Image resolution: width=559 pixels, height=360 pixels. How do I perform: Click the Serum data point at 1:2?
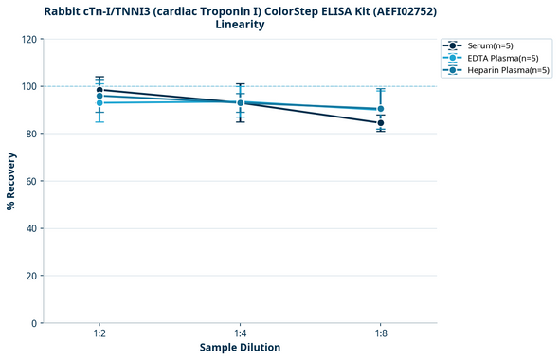pos(99,90)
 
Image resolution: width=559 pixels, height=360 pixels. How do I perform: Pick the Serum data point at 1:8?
pos(381,123)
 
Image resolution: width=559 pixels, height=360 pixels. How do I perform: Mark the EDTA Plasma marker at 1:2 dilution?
pos(99,102)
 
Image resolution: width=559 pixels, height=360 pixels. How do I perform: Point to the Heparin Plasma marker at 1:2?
pos(99,96)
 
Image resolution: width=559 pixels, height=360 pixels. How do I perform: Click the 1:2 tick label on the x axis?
pos(99,333)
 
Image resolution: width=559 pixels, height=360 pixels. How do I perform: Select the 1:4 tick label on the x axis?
pos(240,333)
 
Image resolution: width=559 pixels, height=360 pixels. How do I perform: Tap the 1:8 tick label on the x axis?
pos(381,333)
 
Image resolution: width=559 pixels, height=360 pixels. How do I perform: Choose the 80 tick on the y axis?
pos(31,134)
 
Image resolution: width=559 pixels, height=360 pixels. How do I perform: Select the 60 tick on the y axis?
pos(31,181)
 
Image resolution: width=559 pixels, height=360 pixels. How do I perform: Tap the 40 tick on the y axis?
pos(31,228)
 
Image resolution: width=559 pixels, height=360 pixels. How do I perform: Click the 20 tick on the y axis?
pos(31,276)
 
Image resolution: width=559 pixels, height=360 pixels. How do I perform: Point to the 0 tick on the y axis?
pos(34,323)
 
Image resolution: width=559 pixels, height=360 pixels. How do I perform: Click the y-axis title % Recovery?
pos(11,181)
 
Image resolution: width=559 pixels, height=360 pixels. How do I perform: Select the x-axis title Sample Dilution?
pos(240,348)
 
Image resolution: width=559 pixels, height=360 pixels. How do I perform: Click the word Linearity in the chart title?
pos(240,25)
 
